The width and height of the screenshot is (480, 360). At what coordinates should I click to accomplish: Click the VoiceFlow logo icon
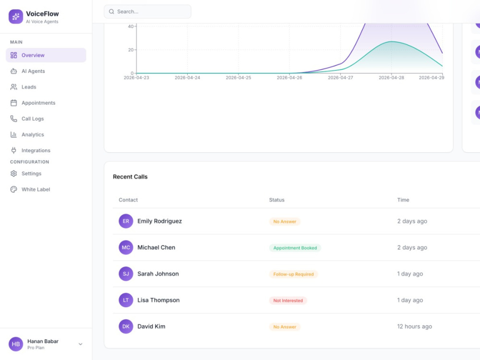(x=16, y=16)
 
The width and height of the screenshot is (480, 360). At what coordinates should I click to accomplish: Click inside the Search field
(x=147, y=12)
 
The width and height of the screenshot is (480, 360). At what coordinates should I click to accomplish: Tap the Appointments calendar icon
(x=14, y=103)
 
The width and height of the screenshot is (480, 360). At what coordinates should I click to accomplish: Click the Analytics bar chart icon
(x=14, y=134)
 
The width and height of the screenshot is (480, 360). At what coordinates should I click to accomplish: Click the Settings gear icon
(x=14, y=174)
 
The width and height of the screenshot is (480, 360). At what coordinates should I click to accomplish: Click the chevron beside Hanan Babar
(x=81, y=344)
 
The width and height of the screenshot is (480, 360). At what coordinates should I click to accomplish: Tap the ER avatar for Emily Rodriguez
(x=126, y=221)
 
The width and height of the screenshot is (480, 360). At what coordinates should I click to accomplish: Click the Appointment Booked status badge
(x=295, y=248)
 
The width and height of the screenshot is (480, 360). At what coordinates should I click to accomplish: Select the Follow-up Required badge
(x=294, y=274)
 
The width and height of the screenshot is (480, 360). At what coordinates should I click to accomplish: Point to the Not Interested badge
(x=288, y=300)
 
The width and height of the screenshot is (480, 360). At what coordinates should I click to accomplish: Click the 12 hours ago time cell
(x=415, y=326)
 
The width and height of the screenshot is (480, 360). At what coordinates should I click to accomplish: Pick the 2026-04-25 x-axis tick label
(x=239, y=78)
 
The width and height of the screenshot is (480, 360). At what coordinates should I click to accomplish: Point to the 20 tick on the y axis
(x=131, y=50)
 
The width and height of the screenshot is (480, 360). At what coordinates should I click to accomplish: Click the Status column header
(x=277, y=200)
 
